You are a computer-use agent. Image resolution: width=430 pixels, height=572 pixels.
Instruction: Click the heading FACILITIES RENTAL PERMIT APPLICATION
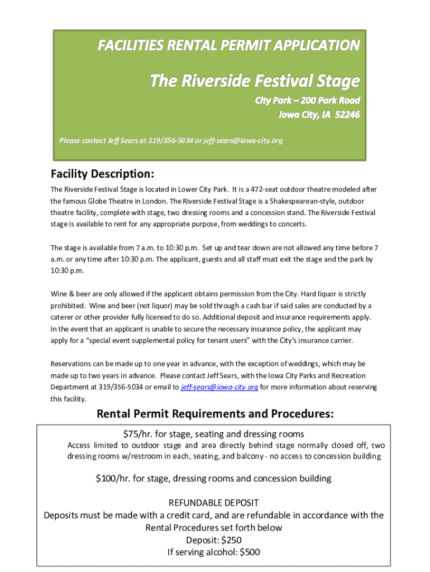point(229,45)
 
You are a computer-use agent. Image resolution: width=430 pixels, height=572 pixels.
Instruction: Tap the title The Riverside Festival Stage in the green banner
point(255,81)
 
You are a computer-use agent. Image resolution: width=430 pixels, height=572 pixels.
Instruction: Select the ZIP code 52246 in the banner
point(347,115)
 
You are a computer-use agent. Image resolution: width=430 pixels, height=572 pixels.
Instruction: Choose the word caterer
point(62,317)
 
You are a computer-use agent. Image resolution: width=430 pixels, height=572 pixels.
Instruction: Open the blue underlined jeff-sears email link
point(219,387)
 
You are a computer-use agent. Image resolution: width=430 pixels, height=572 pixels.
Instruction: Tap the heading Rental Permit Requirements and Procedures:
point(216,414)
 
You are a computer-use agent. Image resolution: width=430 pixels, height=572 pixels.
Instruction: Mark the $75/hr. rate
point(141,434)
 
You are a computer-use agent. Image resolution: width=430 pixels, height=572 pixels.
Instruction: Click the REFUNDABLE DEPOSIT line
point(213,503)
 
